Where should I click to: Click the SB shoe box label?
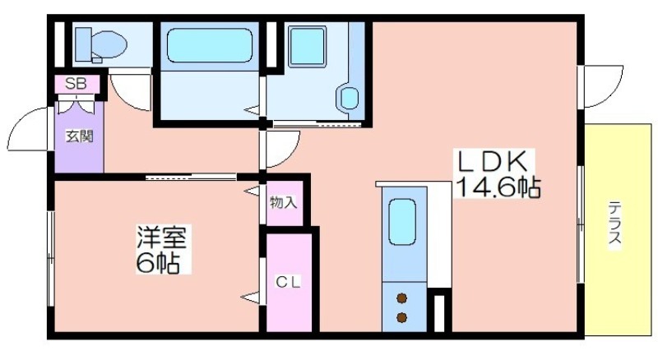(76, 83)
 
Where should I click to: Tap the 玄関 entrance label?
(79, 136)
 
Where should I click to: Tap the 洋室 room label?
(162, 239)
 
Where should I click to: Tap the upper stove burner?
(402, 298)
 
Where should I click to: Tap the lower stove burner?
(402, 316)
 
